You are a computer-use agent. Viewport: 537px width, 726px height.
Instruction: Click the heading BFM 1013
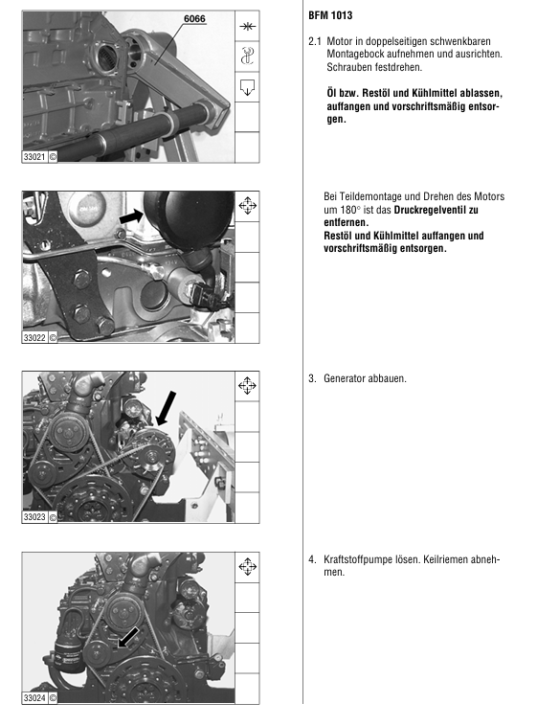click(x=330, y=15)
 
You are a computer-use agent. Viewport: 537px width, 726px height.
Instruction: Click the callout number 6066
click(x=194, y=18)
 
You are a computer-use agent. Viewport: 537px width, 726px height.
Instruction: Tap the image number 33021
click(x=34, y=157)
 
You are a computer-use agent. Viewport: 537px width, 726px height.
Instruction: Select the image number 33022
click(x=34, y=337)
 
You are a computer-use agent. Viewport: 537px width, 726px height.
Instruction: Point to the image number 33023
click(x=34, y=516)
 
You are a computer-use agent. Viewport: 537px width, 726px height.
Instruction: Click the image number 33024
click(x=34, y=697)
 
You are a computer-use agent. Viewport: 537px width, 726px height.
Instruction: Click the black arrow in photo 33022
click(x=131, y=216)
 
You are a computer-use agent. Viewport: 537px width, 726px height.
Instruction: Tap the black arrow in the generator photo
click(x=166, y=408)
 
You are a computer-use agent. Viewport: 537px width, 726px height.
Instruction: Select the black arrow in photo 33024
click(x=127, y=638)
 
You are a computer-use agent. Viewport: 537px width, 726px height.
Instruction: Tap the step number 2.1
click(x=315, y=41)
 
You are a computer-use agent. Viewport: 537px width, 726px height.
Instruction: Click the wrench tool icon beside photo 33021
click(x=247, y=57)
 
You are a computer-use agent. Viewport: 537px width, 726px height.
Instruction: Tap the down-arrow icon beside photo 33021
click(x=247, y=87)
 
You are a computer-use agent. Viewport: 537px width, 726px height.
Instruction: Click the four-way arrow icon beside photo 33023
click(x=247, y=386)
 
